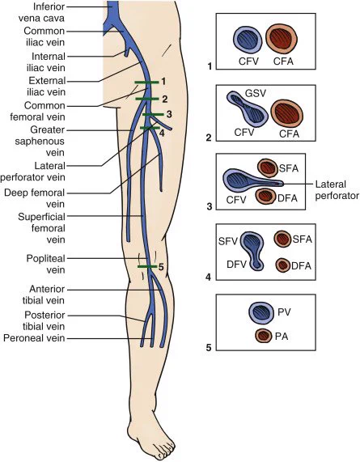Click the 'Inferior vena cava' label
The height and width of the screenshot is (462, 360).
[x=41, y=12]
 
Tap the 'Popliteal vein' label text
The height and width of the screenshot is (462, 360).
[x=45, y=264]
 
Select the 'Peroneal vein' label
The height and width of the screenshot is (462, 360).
[x=34, y=337]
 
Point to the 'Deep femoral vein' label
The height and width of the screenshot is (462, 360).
[x=35, y=198]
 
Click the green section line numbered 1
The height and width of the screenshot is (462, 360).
[x=146, y=83]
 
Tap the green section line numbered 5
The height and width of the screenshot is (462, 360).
[x=147, y=267]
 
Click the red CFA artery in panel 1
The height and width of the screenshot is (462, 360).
[x=282, y=39]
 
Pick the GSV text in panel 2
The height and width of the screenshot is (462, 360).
[x=256, y=93]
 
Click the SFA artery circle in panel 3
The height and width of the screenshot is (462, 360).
[x=267, y=167]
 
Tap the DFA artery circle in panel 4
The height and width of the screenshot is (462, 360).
[x=283, y=265]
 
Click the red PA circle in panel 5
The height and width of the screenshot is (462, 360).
[x=264, y=336]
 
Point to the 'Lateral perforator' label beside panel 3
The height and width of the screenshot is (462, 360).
[x=337, y=190]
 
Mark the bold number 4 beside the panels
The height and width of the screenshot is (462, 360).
[x=209, y=278]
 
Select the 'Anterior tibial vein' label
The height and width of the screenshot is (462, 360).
[x=44, y=295]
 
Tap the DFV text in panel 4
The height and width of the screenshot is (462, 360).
[x=236, y=265]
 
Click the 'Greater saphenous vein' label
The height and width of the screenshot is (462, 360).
[x=40, y=141]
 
